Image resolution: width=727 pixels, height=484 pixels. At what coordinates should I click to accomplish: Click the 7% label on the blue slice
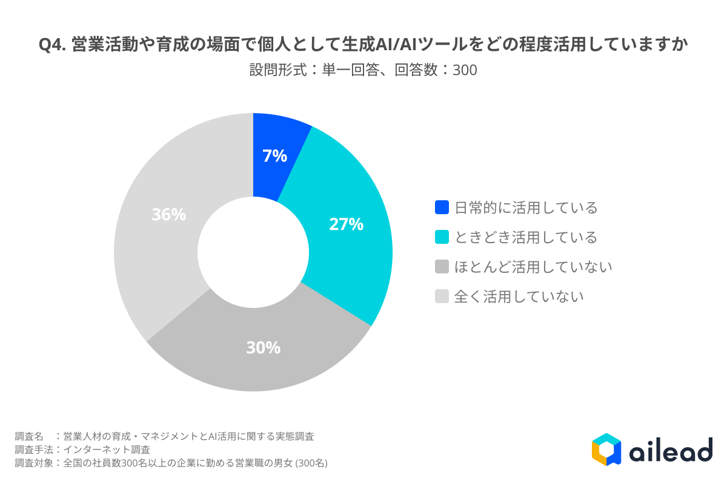274,156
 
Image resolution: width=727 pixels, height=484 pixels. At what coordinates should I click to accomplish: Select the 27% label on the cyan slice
346,224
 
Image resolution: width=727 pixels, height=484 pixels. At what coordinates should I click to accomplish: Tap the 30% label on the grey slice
263,348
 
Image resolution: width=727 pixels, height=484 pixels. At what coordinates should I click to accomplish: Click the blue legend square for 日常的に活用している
442,208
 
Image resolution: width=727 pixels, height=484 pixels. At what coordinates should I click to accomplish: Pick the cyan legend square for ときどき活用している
442,237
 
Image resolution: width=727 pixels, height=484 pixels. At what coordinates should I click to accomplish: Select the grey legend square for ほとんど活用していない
442,267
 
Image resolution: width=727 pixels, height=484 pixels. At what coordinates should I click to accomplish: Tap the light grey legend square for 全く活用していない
442,296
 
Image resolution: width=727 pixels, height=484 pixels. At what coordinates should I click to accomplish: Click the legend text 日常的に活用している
526,208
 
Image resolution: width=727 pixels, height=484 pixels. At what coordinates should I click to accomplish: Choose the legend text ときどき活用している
526,237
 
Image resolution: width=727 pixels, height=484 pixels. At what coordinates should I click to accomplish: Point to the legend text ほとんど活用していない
533,267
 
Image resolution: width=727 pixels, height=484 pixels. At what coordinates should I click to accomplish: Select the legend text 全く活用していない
519,296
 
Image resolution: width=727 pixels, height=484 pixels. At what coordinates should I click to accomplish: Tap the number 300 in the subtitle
465,71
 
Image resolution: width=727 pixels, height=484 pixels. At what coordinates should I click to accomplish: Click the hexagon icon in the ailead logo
606,449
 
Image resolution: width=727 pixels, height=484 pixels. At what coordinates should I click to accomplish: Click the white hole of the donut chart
253,252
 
